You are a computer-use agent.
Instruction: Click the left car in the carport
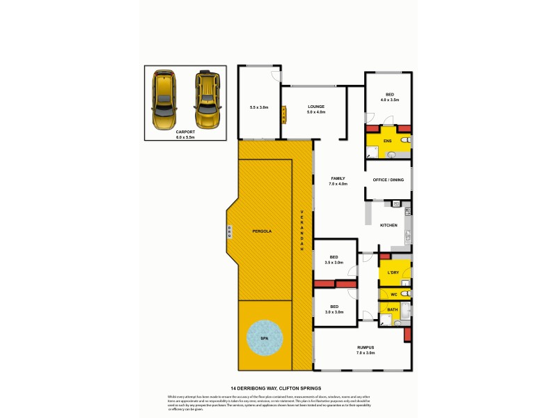click(x=164, y=99)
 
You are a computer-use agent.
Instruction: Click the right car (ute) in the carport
click(x=207, y=99)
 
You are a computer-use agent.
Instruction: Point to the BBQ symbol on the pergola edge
click(x=229, y=231)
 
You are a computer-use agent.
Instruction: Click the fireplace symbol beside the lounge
click(x=283, y=114)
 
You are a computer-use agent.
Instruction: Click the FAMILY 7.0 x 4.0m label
click(x=339, y=181)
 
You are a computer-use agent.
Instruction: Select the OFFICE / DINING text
click(x=388, y=180)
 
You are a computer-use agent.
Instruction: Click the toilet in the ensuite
click(x=405, y=140)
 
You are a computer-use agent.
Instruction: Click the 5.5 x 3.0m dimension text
click(x=259, y=108)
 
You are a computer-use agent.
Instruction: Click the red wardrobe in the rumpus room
click(x=407, y=335)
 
